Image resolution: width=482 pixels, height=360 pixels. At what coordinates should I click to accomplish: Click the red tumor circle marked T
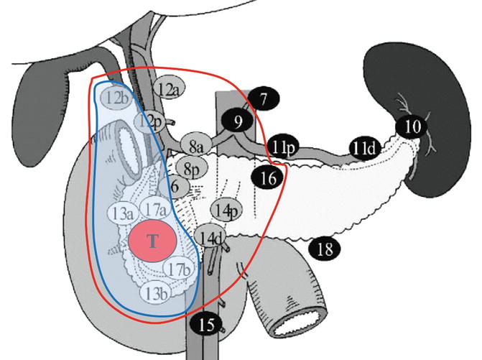(x=152, y=241)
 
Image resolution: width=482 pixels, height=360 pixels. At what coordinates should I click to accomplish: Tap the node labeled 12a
(x=170, y=89)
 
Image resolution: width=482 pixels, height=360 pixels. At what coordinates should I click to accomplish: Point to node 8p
(x=191, y=169)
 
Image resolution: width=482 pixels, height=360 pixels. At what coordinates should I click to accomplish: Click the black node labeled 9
(x=236, y=122)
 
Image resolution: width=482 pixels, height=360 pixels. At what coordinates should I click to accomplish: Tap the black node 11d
(x=366, y=148)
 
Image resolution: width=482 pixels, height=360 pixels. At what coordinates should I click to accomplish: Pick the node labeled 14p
(x=225, y=211)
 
